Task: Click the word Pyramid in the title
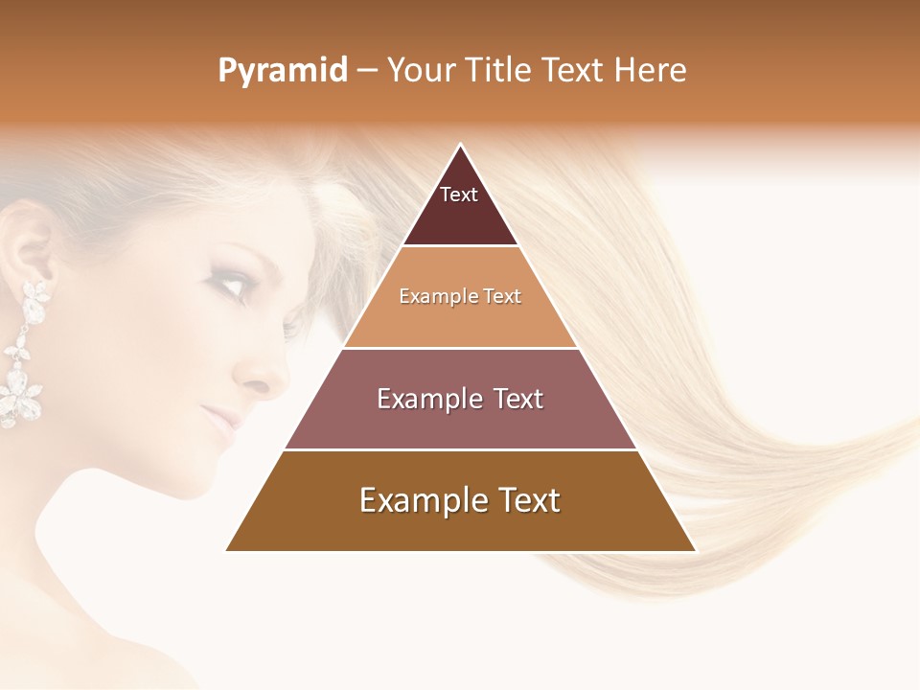point(282,71)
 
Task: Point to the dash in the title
point(366,71)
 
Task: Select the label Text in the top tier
point(459,195)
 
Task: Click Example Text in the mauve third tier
point(460,399)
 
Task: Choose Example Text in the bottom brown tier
point(460,500)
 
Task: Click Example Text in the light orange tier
point(460,297)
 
